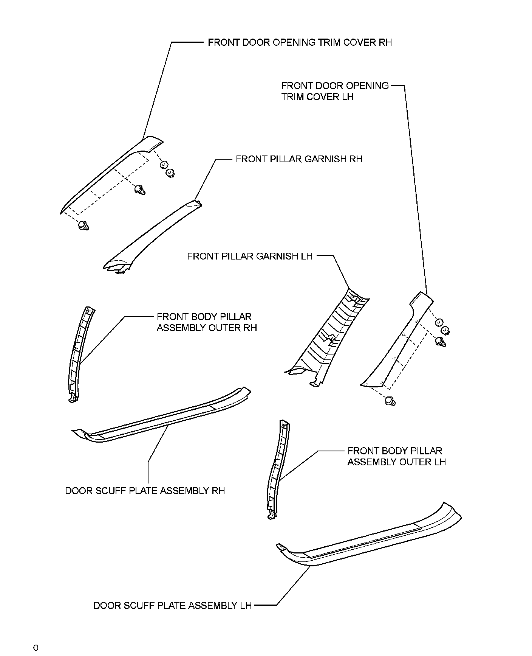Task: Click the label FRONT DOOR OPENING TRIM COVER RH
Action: tap(300, 42)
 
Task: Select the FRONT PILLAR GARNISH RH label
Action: tap(299, 159)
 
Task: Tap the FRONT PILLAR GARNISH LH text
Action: tap(250, 256)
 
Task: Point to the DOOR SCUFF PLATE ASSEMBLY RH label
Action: tap(145, 491)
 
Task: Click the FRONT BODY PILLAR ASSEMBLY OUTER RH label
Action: tap(207, 322)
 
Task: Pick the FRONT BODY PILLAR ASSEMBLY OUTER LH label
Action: tap(396, 456)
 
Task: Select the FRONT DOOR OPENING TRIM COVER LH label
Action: tap(335, 91)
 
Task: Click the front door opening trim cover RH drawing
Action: tap(110, 174)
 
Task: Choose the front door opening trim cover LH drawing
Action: tap(397, 340)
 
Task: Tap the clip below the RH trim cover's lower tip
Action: tap(83, 226)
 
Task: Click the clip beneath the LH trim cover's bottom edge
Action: tap(390, 401)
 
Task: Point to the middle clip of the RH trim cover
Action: tap(140, 189)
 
